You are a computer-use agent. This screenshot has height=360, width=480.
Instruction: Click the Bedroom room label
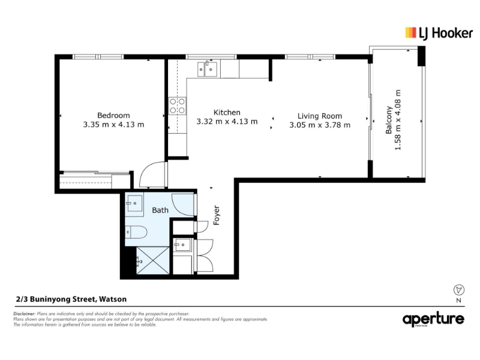[113, 115]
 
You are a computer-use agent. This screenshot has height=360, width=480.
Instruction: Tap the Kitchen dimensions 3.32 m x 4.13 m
[227, 122]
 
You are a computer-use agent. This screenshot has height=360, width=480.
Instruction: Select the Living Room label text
[320, 116]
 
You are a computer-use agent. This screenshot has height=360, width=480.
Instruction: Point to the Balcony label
[389, 120]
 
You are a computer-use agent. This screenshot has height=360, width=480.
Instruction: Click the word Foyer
[217, 215]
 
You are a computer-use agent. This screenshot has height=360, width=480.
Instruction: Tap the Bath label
[160, 211]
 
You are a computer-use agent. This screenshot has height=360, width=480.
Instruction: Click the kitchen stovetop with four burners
[177, 106]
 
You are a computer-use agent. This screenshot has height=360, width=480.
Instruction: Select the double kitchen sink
[207, 69]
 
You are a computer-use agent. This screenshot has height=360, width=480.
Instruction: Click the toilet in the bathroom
[137, 232]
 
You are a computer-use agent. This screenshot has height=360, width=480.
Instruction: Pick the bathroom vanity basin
[134, 203]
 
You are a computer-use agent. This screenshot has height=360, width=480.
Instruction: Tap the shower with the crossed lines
[153, 260]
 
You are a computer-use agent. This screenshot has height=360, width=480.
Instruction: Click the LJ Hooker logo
[439, 33]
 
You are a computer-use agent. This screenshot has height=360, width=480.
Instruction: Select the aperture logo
[433, 319]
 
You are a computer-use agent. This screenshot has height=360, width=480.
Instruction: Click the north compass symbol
[458, 290]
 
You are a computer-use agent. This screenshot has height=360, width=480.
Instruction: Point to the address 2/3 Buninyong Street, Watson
[71, 299]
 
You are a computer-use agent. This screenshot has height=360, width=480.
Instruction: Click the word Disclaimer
[25, 314]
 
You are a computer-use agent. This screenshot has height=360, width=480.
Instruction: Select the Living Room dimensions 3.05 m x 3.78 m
[320, 125]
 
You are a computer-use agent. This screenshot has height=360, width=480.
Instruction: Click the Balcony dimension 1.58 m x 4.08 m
[398, 120]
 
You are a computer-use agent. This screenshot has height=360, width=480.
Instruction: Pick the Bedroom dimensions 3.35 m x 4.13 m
[113, 125]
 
